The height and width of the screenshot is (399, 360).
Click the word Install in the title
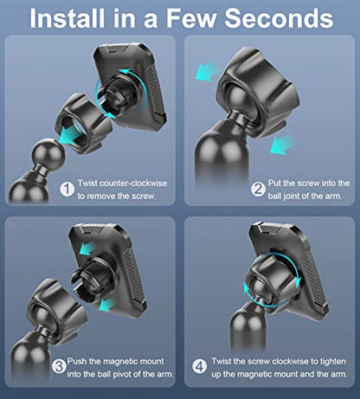[67, 18]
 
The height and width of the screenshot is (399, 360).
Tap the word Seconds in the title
[280, 18]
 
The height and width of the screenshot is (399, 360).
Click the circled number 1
[67, 190]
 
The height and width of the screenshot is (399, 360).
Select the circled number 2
[258, 190]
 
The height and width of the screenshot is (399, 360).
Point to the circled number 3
[59, 367]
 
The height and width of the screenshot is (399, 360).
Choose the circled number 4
[199, 367]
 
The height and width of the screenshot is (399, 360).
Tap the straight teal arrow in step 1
[70, 135]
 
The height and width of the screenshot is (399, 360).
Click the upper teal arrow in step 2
[206, 71]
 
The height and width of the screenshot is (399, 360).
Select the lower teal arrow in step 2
[282, 145]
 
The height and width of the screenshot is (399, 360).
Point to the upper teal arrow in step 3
[87, 248]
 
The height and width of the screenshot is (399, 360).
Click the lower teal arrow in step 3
[106, 306]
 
